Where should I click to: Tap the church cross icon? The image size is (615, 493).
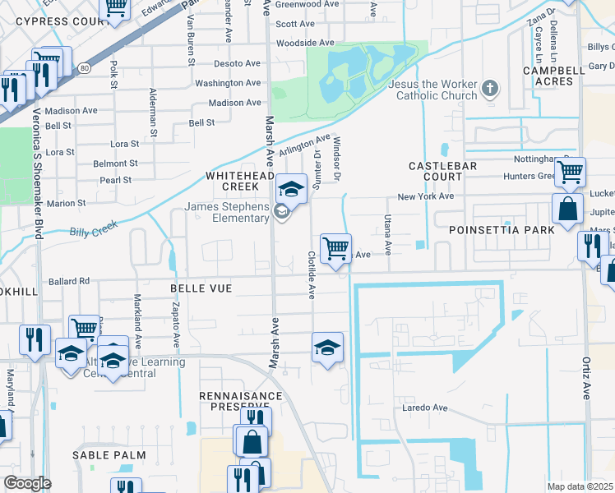[490, 88]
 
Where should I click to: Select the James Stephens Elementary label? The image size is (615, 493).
[227, 212]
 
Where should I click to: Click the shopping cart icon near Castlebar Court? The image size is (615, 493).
[569, 173]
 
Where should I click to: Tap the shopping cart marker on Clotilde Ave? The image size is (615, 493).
[335, 249]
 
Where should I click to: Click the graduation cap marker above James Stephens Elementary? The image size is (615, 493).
[291, 190]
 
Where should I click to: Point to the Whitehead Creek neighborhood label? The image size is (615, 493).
[238, 181]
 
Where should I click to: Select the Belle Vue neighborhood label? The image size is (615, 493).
[201, 288]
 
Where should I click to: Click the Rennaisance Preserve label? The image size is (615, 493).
[241, 400]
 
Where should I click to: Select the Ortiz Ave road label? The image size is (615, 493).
[587, 378]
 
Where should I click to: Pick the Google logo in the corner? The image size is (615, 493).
[27, 483]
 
